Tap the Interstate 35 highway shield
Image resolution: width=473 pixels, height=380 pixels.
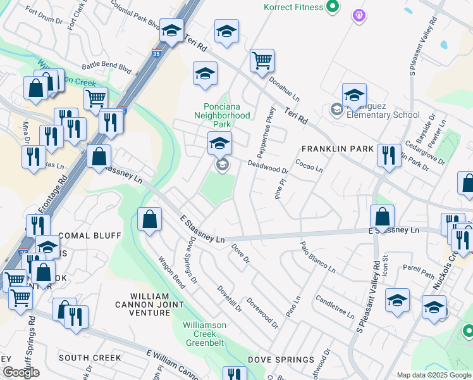tap(156, 55)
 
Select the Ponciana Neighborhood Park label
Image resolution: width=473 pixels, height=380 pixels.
tap(227, 115)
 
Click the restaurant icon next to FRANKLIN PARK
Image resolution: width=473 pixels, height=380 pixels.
tap(389, 156)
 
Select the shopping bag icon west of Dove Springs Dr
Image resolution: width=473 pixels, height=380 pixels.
tap(149, 221)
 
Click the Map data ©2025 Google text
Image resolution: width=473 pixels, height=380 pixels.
tap(433, 375)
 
